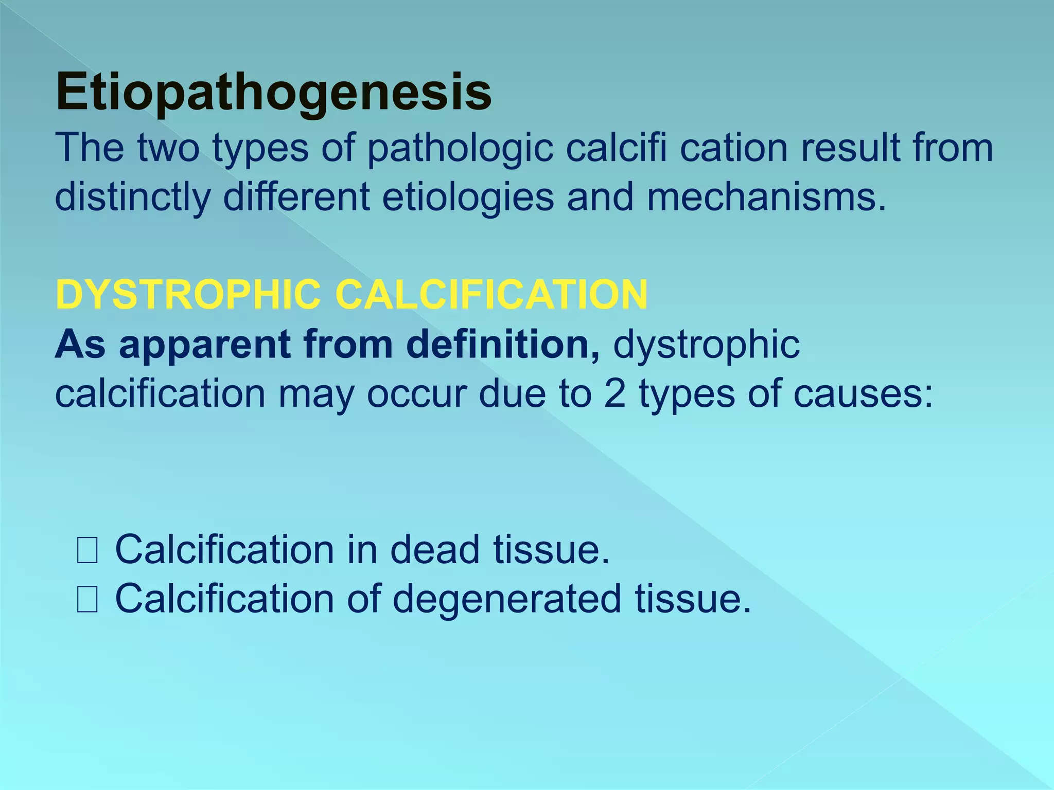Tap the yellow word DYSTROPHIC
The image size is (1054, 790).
[x=188, y=295]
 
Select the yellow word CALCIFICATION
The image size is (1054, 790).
[x=491, y=295]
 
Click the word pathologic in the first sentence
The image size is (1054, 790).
[x=460, y=148]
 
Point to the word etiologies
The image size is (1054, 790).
[x=468, y=197]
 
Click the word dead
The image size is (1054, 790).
[x=435, y=550]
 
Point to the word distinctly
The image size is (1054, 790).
[x=133, y=199]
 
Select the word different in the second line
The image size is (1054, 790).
[x=296, y=197]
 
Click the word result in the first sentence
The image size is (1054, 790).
[x=844, y=148]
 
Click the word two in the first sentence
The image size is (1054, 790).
[x=168, y=148]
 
